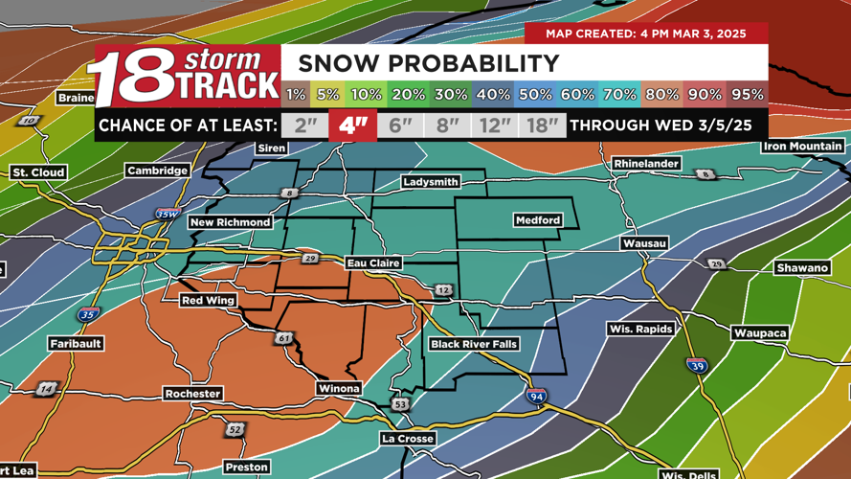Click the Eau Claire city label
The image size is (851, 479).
(373, 262)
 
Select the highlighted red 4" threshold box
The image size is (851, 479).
(353, 125)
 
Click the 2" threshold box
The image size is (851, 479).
(304, 125)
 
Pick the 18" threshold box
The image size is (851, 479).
(543, 125)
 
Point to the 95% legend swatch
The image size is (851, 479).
(748, 94)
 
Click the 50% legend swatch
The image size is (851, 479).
(535, 94)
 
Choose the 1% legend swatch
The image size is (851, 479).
(296, 94)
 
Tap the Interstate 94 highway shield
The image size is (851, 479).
(536, 396)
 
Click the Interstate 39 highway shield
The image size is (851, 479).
(697, 366)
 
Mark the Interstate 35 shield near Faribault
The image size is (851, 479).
(87, 314)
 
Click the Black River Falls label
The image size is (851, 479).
(474, 344)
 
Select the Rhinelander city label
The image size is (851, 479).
(646, 164)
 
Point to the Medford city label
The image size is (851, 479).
(538, 220)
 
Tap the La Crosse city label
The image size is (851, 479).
(408, 438)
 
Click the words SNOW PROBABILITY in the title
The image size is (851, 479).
(428, 63)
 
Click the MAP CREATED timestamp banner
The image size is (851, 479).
(646, 34)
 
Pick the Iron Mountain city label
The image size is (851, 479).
(802, 147)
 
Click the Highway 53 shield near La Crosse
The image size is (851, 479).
(400, 405)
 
